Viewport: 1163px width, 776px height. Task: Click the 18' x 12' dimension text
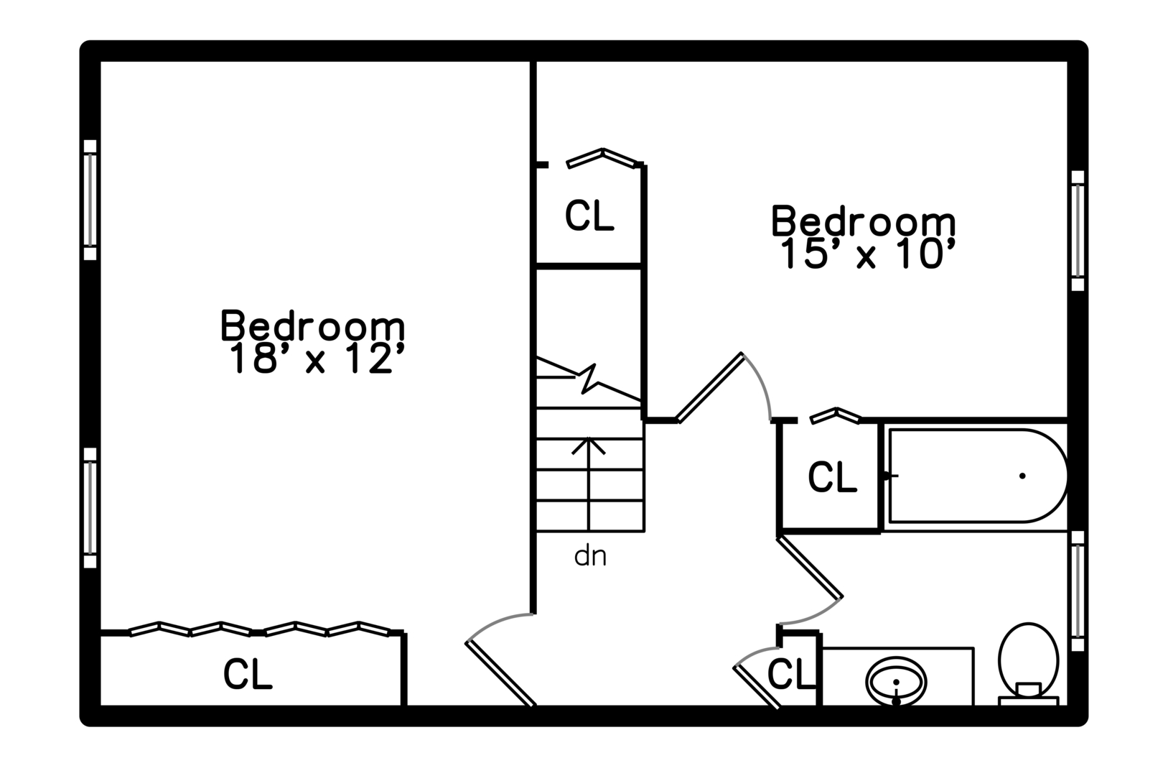316,358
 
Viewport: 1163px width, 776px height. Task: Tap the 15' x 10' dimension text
867,254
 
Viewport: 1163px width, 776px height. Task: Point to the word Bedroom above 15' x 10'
863,221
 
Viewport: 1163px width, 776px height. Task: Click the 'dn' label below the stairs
590,556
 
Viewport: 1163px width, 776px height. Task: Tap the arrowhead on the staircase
588,446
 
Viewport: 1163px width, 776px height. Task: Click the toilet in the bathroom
1028,665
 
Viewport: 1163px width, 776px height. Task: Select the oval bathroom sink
896,681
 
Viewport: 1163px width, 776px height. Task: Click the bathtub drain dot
1022,476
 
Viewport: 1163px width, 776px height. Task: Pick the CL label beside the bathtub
832,476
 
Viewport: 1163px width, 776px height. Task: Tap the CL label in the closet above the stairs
589,215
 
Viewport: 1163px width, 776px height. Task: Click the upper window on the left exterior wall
90,200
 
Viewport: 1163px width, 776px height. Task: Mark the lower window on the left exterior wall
90,508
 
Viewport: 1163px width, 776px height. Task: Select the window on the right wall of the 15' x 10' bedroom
1078,230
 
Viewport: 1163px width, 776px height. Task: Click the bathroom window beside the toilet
1078,591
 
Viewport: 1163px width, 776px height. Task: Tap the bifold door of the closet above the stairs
603,157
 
